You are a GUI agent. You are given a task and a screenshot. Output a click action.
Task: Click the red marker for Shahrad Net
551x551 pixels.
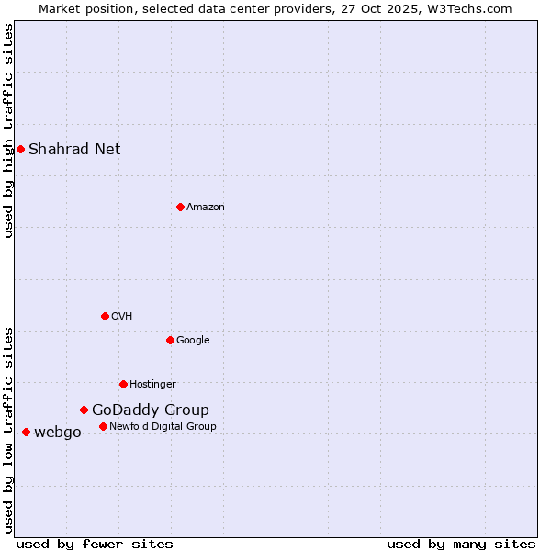(20, 149)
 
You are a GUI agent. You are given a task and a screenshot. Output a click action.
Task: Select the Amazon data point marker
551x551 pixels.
(180, 207)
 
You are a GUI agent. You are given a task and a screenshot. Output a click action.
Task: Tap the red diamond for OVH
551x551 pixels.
(105, 316)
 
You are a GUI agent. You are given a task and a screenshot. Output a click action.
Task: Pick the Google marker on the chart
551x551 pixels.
(170, 340)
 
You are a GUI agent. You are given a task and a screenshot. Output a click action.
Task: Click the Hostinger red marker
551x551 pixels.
(123, 384)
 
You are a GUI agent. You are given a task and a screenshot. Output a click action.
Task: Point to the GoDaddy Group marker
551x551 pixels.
(84, 410)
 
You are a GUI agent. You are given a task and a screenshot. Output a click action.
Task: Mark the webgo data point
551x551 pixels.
(26, 432)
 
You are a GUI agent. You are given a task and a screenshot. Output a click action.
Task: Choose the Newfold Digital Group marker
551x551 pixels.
(103, 426)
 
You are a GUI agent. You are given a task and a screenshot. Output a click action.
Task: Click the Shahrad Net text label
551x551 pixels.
(74, 149)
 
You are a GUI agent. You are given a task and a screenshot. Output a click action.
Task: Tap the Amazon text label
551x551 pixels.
(206, 207)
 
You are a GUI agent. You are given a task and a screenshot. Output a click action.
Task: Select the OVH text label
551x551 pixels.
(122, 316)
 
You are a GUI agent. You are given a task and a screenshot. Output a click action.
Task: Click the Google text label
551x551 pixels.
(193, 340)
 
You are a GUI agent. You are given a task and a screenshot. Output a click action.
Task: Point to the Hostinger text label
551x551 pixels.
(152, 384)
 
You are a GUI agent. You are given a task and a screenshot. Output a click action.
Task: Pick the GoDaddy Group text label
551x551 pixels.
(151, 410)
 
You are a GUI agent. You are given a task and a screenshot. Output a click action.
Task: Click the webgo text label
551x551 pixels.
(58, 432)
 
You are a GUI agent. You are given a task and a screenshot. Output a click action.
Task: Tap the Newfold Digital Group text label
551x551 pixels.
(163, 426)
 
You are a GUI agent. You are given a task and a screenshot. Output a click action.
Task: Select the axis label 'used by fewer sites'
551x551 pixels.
(95, 544)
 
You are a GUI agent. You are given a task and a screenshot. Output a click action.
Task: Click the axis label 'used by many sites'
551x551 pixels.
(461, 544)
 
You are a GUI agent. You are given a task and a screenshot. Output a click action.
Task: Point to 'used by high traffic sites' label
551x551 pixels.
(8, 130)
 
